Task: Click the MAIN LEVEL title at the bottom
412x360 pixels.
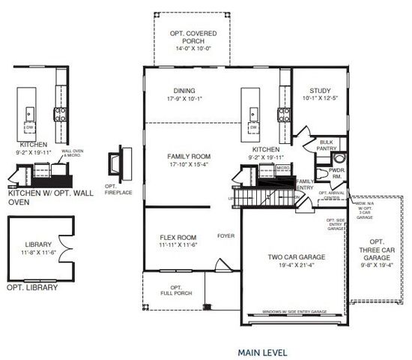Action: pyautogui.click(x=262, y=351)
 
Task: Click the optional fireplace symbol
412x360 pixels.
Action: pyautogui.click(x=114, y=163)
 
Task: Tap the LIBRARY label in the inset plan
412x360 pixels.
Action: pyautogui.click(x=37, y=244)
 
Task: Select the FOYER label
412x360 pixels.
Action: pyautogui.click(x=225, y=233)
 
